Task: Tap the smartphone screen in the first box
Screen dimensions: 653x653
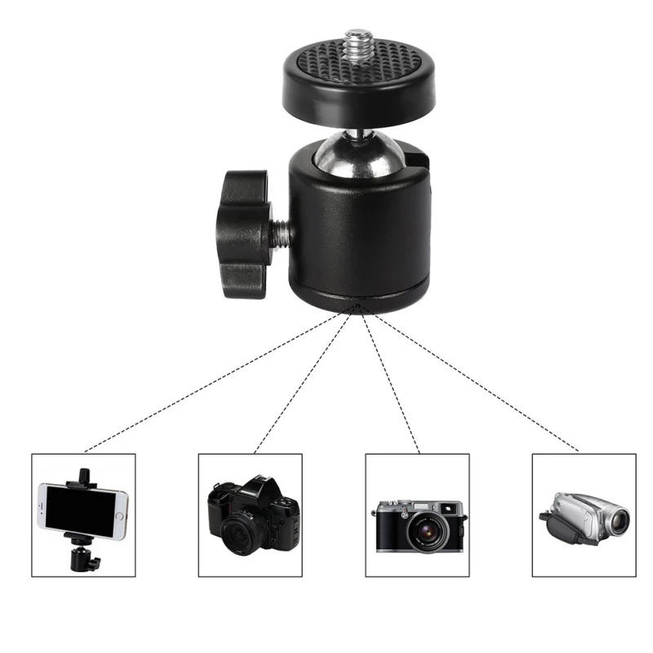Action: click(x=82, y=509)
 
